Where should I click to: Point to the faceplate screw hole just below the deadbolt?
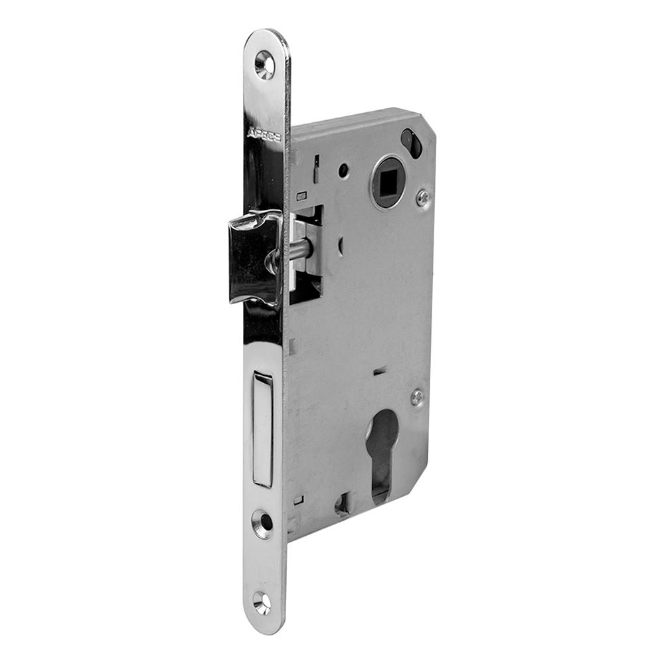(263, 522)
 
